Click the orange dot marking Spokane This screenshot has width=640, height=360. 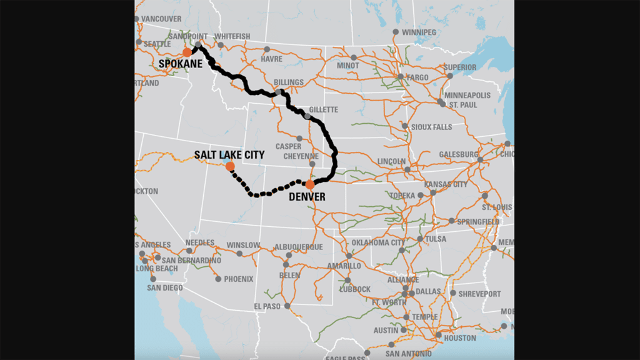(187, 52)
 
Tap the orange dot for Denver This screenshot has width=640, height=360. (309, 184)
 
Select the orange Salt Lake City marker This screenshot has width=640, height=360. (230, 166)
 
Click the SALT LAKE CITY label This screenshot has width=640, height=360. (229, 154)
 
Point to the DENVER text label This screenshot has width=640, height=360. (307, 196)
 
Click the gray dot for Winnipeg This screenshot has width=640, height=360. (396, 32)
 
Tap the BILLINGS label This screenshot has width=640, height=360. (289, 82)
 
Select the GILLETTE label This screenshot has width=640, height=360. (323, 110)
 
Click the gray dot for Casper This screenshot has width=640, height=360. (299, 138)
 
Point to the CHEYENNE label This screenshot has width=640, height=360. (301, 156)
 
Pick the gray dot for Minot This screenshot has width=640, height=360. (354, 57)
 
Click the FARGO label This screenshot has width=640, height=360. (418, 77)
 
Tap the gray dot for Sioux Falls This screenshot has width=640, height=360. (406, 126)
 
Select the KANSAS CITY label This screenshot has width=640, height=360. (446, 185)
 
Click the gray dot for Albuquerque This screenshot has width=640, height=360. (289, 255)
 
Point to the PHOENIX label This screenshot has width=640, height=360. (239, 279)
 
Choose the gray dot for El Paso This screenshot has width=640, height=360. (287, 306)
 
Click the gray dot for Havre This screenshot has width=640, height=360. (267, 49)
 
